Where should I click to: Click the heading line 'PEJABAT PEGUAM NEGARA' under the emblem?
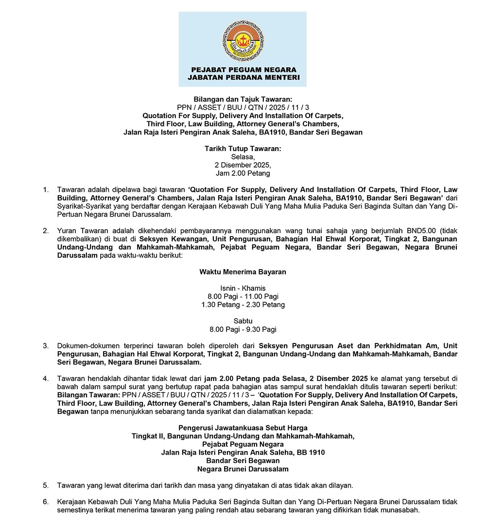click(x=243, y=69)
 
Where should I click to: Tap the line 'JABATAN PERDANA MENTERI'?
click(x=243, y=77)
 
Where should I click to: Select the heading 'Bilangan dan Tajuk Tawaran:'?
click(x=243, y=99)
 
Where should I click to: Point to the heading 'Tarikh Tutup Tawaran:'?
click(x=243, y=148)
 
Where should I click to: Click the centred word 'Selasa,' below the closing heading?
click(x=243, y=156)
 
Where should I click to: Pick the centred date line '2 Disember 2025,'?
click(x=243, y=165)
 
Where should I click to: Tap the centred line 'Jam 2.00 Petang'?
click(x=243, y=173)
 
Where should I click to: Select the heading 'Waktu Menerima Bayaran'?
click(x=243, y=272)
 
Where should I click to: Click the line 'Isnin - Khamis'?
click(x=243, y=289)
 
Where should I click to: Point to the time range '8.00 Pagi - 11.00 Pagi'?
click(x=243, y=297)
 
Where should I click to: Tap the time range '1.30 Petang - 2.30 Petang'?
click(x=243, y=305)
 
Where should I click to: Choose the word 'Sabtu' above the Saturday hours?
click(x=243, y=321)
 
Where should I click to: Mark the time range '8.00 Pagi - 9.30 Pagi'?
click(x=243, y=329)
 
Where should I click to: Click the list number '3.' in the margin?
click(x=46, y=346)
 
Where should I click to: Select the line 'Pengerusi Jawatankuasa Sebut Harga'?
click(x=243, y=428)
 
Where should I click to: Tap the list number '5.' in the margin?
click(x=46, y=485)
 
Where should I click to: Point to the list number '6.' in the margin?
click(x=46, y=502)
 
